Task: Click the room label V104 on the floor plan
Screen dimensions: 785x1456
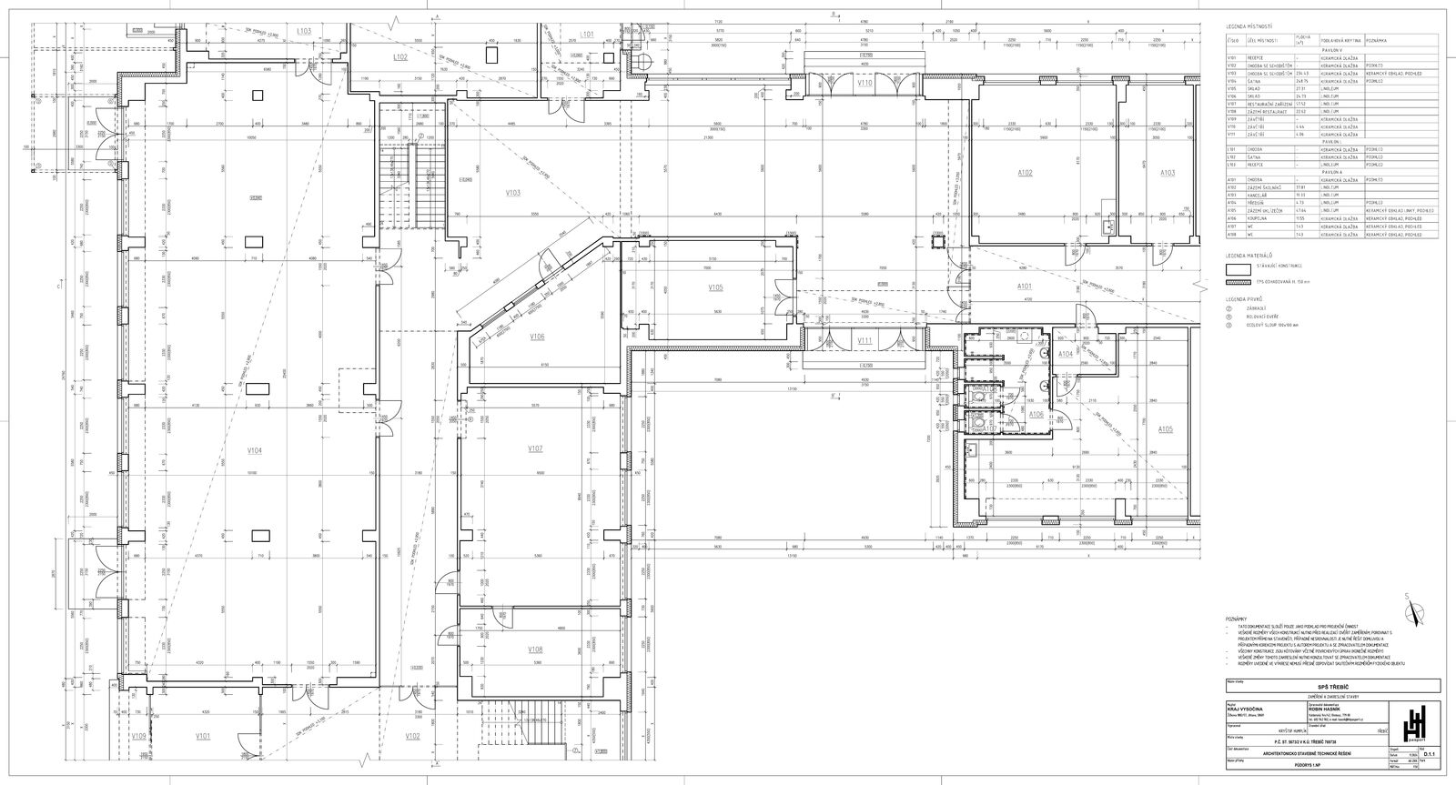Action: [255, 450]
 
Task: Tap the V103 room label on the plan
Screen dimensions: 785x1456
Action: [512, 192]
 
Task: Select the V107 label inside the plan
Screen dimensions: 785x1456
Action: [535, 448]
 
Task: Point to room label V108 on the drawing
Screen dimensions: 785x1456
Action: [535, 649]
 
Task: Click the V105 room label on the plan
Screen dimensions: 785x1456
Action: [715, 287]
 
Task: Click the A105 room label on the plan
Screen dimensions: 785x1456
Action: [1166, 428]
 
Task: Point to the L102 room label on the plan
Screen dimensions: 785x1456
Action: [400, 56]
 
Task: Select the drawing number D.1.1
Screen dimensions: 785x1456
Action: [1430, 753]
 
